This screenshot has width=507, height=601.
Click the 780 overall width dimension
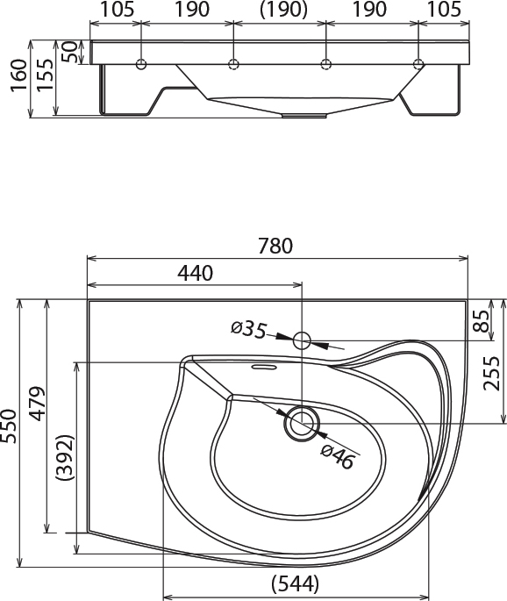click(275, 246)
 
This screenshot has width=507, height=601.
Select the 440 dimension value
click(195, 273)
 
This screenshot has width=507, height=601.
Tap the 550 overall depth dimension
click(9, 426)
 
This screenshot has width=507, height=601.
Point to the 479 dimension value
click(37, 404)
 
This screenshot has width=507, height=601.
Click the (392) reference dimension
click(64, 458)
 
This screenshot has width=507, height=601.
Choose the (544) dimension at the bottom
click(295, 583)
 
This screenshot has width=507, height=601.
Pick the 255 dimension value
click(492, 374)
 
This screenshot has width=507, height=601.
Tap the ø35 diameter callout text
click(249, 330)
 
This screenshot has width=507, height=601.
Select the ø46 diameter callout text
click(337, 456)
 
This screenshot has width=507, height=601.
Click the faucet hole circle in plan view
click(302, 340)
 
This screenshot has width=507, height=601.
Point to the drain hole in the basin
click(302, 424)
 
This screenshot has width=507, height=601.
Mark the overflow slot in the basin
click(264, 368)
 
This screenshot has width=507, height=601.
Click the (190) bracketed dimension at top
click(283, 10)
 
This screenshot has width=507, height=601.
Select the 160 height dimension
click(19, 75)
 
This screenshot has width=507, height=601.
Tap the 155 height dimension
click(46, 75)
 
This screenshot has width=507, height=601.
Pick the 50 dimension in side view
click(69, 52)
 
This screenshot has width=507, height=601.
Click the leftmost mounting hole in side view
click(141, 64)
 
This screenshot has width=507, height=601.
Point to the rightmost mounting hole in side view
click(418, 64)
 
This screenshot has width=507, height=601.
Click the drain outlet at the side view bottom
click(304, 115)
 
